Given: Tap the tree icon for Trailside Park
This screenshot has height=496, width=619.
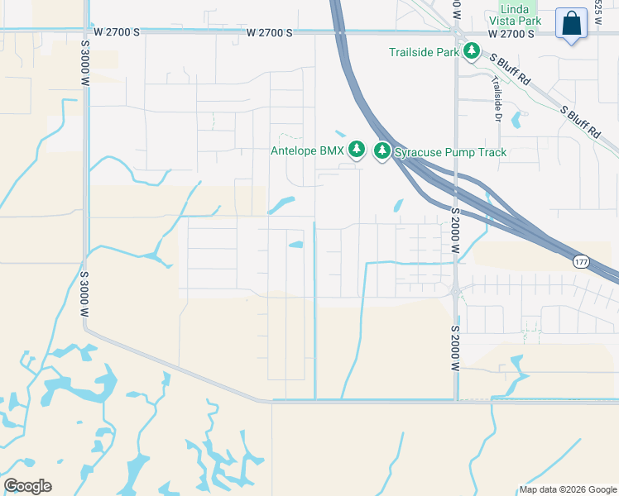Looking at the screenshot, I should click(472, 52).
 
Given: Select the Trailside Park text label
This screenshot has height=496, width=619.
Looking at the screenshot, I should click(425, 53).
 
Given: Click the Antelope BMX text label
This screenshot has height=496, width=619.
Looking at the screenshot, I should click(307, 150).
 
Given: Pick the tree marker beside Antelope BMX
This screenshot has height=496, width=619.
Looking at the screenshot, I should click(357, 150).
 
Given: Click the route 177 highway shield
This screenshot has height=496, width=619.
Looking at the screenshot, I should click(581, 261).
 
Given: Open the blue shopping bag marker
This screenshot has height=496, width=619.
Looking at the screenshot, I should click(572, 24).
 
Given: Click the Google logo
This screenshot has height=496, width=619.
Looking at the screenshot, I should click(28, 485).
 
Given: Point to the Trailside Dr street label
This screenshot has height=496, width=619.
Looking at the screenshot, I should click(497, 100).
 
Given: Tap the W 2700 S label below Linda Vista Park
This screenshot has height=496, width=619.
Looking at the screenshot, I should click(511, 34).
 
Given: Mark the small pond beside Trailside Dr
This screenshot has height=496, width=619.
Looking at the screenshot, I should click(517, 120).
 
